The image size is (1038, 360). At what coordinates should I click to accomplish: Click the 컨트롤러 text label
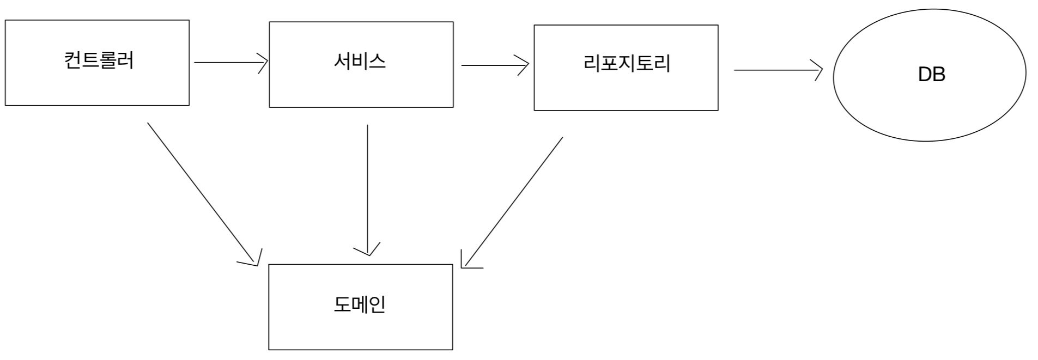coord(99,60)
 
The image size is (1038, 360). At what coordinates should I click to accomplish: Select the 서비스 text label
coord(360,61)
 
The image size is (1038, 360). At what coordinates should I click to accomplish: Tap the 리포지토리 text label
coord(626,64)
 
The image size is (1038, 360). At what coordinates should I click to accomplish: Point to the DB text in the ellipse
coord(931,75)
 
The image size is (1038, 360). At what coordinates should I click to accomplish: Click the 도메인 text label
coord(360,304)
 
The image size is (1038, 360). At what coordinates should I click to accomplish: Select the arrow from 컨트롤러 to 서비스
coord(229,63)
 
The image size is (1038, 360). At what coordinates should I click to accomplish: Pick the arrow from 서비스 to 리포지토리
coord(493,65)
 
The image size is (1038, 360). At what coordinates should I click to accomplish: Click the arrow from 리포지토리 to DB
coord(776,70)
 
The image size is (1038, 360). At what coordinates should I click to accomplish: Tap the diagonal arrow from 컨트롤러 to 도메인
coord(202,193)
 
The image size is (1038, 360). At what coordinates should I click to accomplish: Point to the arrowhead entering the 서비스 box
coord(264,63)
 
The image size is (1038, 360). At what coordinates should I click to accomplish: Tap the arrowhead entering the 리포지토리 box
coord(525,65)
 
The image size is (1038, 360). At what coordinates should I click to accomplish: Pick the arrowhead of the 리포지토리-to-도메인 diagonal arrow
coord(467,262)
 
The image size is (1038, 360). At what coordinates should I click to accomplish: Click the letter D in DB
coord(925,75)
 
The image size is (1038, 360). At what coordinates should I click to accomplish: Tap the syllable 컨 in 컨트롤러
coord(72,60)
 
